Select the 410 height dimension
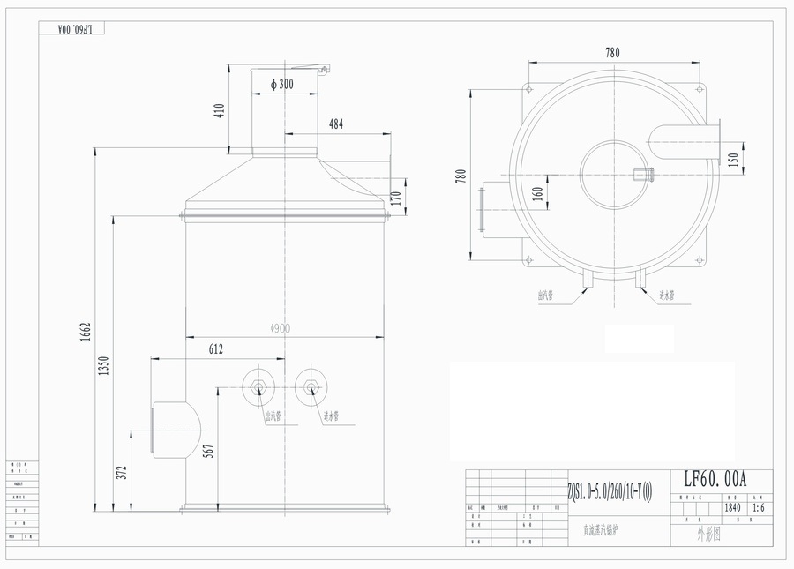pyautogui.click(x=220, y=110)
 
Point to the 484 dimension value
pyautogui.click(x=336, y=125)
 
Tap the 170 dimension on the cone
pyautogui.click(x=395, y=198)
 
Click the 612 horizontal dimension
pyautogui.click(x=215, y=349)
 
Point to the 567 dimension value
pyautogui.click(x=208, y=451)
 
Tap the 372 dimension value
pyautogui.click(x=122, y=474)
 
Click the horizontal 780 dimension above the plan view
pyautogui.click(x=612, y=53)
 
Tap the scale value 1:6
pyautogui.click(x=758, y=508)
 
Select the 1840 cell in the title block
pyautogui.click(x=732, y=508)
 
